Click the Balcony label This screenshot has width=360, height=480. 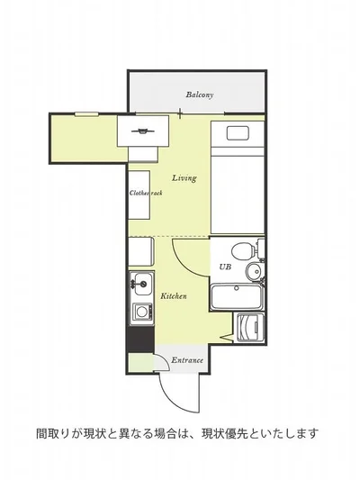point(200,95)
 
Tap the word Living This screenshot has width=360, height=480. point(184,177)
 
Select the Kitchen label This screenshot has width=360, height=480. point(174,296)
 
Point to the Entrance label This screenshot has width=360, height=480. point(187,360)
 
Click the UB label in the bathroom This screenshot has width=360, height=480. point(225,267)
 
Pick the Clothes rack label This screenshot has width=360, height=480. point(146,193)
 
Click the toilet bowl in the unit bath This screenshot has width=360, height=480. point(243,251)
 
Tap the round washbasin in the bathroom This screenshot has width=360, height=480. point(254,270)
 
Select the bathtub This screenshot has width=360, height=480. point(237,296)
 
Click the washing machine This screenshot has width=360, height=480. point(250,327)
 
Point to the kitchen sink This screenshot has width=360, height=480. point(143,285)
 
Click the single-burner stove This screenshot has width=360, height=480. point(142,312)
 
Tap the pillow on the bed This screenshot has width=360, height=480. point(238,133)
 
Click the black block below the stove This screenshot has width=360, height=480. point(140,339)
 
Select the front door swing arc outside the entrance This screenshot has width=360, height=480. point(176,397)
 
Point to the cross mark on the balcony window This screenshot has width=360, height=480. point(180,113)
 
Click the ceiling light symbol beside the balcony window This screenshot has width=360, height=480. point(142,131)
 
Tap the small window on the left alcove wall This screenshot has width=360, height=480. point(87,114)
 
